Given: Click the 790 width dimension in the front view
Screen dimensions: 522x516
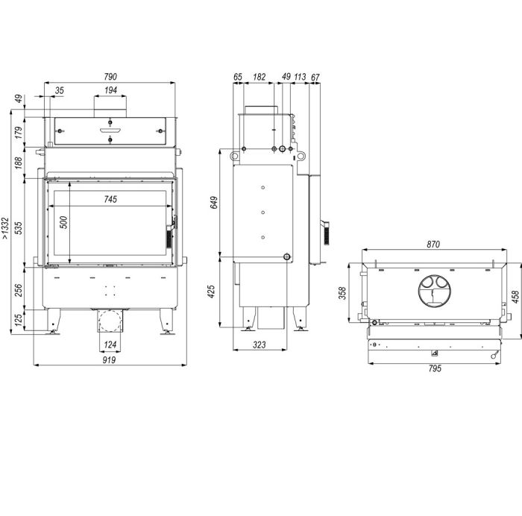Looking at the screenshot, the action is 110,77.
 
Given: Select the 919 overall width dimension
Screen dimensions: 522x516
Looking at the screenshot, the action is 109,360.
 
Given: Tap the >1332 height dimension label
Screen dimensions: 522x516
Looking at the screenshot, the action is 5,228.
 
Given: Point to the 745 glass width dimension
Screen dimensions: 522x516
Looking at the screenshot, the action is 110,199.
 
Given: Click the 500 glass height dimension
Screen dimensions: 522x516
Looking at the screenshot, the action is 63,222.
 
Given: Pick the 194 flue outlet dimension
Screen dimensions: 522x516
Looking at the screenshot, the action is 110,90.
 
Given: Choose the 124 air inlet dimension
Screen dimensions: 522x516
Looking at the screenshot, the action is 110,344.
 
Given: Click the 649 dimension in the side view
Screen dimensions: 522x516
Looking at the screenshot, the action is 214,203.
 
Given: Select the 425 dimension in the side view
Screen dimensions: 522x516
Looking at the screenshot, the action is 211,292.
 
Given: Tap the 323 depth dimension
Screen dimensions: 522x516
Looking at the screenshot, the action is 260,344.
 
